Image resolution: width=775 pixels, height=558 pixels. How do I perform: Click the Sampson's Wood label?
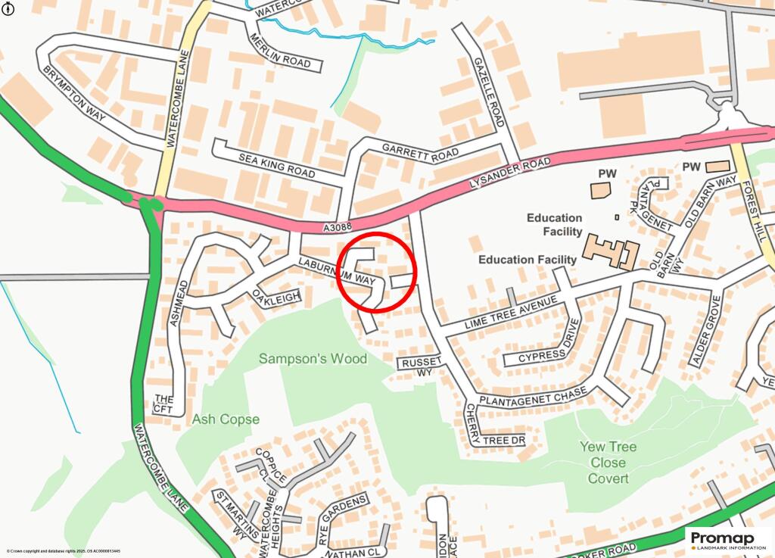pos(313,359)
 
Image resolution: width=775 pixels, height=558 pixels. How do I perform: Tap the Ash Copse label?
pos(226,419)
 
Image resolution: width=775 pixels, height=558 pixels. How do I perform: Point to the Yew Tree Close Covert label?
pos(608,462)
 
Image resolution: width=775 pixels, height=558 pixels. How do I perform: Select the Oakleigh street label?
pos(277,295)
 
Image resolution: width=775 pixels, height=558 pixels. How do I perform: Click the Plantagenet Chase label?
pos(534,398)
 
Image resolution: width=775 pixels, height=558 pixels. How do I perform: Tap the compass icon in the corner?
pos(8,8)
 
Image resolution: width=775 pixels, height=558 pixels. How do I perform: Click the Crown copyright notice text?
pos(64,551)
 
